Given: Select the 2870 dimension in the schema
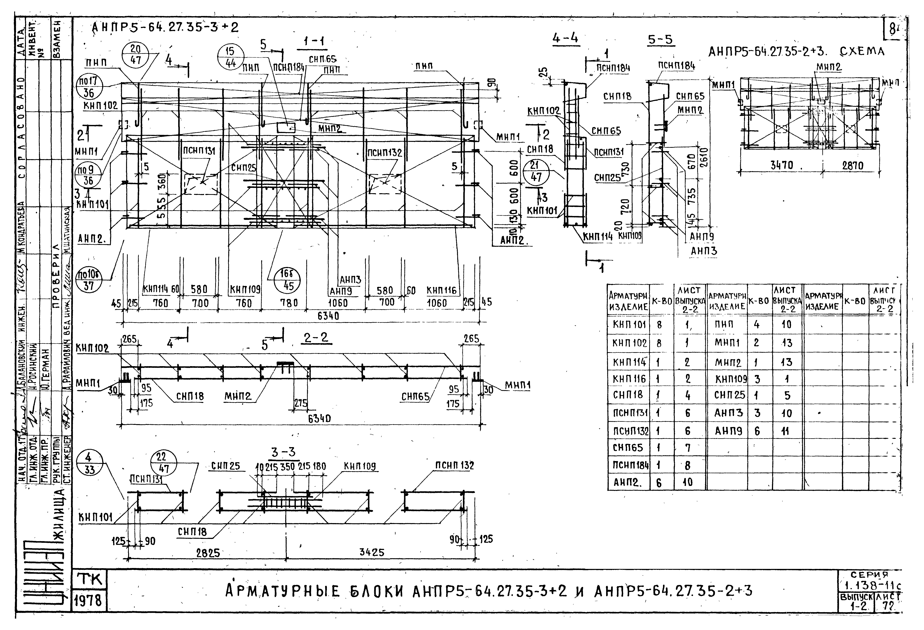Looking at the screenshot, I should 852,165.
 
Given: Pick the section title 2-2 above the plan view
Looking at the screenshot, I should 316,338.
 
